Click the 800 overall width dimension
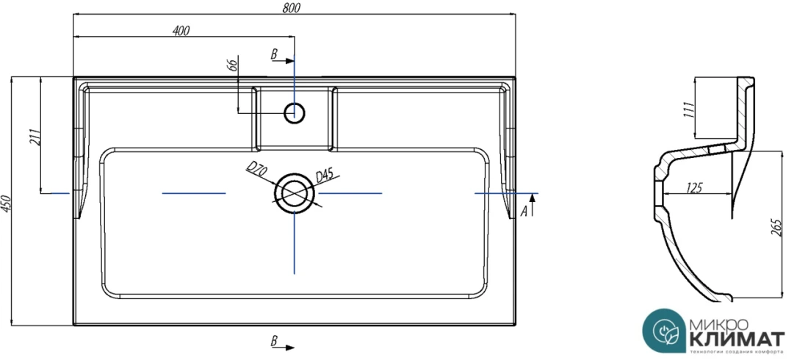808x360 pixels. click(x=292, y=8)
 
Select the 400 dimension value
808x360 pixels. click(x=181, y=30)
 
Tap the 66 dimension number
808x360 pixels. click(x=233, y=65)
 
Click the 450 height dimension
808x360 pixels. click(x=7, y=204)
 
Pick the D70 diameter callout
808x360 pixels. click(x=256, y=170)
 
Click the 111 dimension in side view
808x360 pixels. click(x=688, y=110)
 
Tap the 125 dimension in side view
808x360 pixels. click(x=693, y=187)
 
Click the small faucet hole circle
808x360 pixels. click(x=295, y=112)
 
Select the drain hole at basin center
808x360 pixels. click(x=295, y=192)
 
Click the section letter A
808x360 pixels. click(x=524, y=211)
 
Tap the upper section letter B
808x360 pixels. click(x=274, y=54)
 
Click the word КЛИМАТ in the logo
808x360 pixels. click(x=737, y=339)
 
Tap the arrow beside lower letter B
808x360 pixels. click(x=289, y=346)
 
